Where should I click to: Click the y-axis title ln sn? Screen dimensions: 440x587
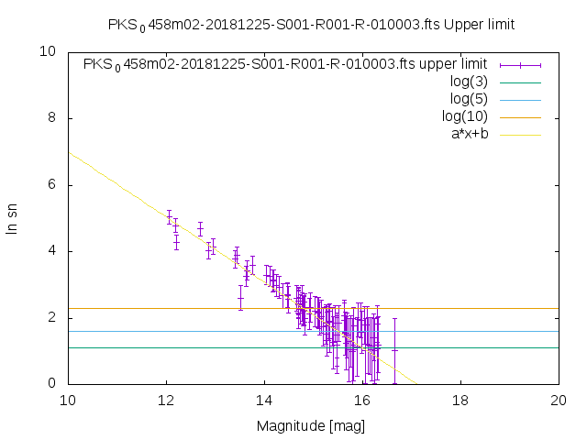click(x=13, y=217)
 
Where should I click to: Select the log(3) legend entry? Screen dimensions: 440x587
click(x=468, y=82)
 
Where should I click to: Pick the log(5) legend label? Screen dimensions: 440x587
click(x=468, y=99)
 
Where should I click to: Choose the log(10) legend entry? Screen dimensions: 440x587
click(x=464, y=116)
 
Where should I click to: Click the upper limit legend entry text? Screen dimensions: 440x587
click(x=285, y=64)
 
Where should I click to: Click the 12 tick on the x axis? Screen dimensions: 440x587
click(x=166, y=400)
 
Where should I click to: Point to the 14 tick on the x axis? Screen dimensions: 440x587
click(x=264, y=400)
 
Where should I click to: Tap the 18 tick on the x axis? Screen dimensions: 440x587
click(x=460, y=400)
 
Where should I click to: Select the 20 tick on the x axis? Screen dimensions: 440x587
click(x=559, y=400)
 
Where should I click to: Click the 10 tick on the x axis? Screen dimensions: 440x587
click(x=68, y=400)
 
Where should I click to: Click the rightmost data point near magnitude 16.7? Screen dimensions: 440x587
click(x=395, y=349)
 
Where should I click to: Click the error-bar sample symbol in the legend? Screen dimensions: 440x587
click(x=520, y=64)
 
